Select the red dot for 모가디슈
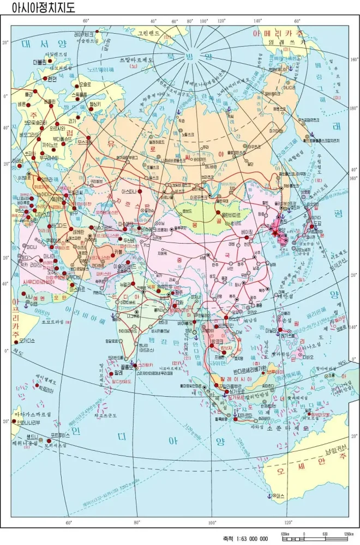(x=15, y=341)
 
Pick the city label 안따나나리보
(x=34, y=421)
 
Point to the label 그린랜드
(x=150, y=33)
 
